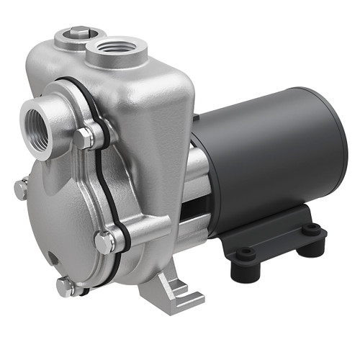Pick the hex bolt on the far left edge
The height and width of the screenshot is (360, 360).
22,189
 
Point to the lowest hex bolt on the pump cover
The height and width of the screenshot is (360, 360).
65,287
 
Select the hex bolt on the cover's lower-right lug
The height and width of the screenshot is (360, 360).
105,243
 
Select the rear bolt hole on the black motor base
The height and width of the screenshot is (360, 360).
311,230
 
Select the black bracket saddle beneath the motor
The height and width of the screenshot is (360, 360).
274,230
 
